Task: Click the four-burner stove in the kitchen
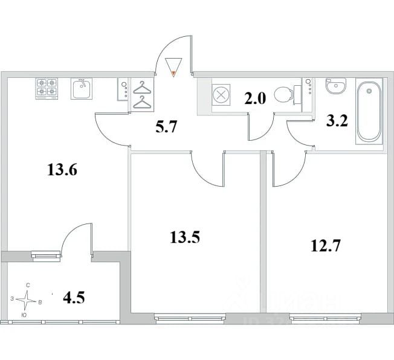(47, 89)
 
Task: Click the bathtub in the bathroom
(368, 111)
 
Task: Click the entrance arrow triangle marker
(174, 66)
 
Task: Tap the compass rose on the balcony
(28, 299)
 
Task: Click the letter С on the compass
(28, 285)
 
